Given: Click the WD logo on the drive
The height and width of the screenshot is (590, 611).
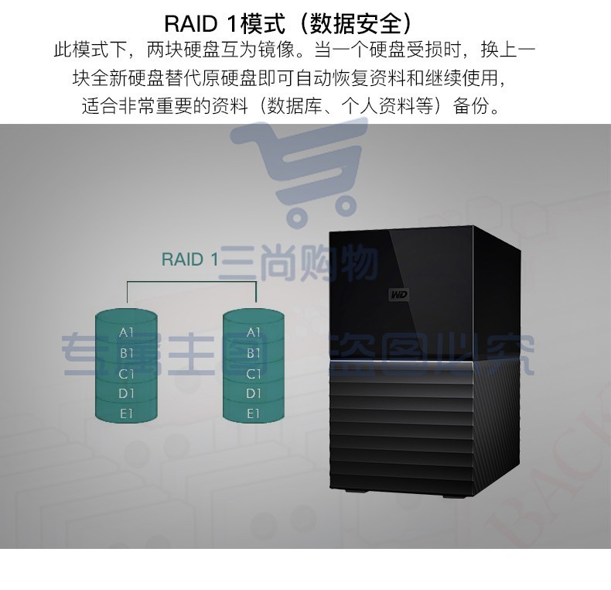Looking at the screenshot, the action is coord(399,294).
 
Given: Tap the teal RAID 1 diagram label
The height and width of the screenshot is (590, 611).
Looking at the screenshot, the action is coord(189,259).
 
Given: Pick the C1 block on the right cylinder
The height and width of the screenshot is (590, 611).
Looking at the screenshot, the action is coord(254,374).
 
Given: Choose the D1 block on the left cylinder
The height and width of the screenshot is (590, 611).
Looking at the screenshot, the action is coord(126,393).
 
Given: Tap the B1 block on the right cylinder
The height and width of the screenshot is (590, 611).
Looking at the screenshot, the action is coord(254,353).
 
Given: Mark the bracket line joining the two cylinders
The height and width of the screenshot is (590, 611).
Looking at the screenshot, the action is coord(191,281).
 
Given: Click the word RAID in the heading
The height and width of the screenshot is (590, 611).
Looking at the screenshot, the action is coord(190,24).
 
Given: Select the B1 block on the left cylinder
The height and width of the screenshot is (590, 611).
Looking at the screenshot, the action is coord(126,353).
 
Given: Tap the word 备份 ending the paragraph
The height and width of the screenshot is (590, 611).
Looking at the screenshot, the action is coord(471,106).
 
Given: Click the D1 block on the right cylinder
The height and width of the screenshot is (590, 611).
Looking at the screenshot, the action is coord(254,393).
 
